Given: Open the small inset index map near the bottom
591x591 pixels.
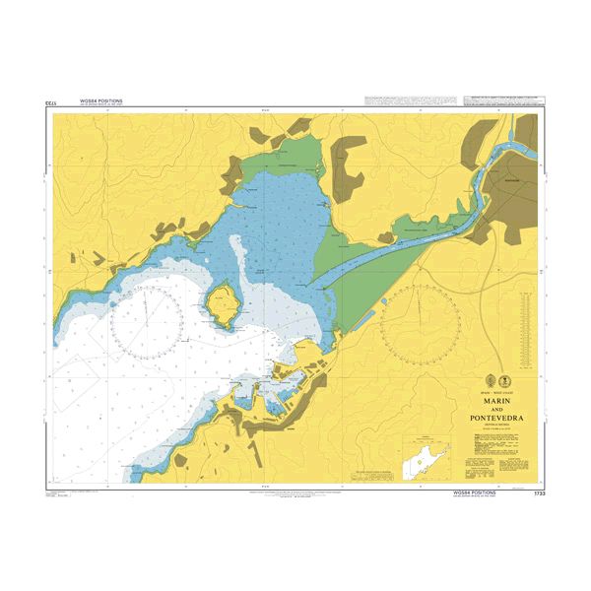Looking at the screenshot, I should tap(427, 461).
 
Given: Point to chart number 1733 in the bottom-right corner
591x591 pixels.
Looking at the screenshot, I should tap(538, 492).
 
